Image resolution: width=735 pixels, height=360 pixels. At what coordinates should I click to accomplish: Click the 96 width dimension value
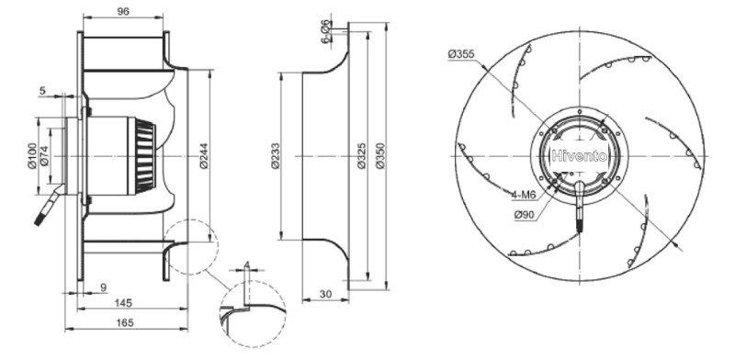123,12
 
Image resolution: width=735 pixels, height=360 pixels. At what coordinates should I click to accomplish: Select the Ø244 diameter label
204,155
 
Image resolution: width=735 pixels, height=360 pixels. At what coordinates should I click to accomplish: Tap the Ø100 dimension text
32,156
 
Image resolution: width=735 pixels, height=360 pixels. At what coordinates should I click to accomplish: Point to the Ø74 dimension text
44,156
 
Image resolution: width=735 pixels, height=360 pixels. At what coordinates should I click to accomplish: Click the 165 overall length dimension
125,322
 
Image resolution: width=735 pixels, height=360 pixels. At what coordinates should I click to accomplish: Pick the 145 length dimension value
124,303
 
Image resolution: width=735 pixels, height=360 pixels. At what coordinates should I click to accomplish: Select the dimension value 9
104,287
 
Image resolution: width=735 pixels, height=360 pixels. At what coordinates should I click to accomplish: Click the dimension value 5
42,91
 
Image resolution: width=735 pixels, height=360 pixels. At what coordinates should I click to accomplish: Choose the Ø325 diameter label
362,155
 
